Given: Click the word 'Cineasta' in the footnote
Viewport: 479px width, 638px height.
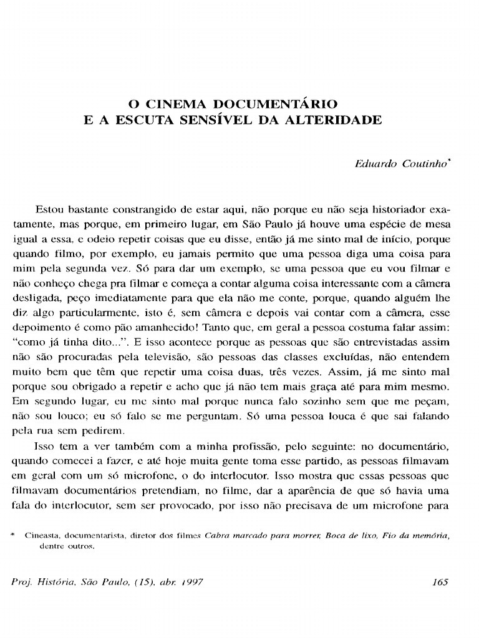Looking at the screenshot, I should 42,535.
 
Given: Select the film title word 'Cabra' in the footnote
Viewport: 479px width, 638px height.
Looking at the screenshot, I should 219,535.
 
